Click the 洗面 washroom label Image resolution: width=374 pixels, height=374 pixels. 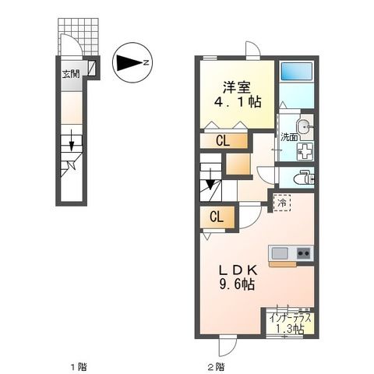[290, 138]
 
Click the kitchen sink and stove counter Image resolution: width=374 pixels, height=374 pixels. [290, 253]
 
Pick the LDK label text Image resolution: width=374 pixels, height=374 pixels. [233, 270]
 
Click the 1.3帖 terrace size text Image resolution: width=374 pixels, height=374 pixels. [290, 329]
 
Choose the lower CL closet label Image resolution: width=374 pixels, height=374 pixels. [216, 217]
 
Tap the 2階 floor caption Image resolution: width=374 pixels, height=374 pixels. [216, 365]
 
